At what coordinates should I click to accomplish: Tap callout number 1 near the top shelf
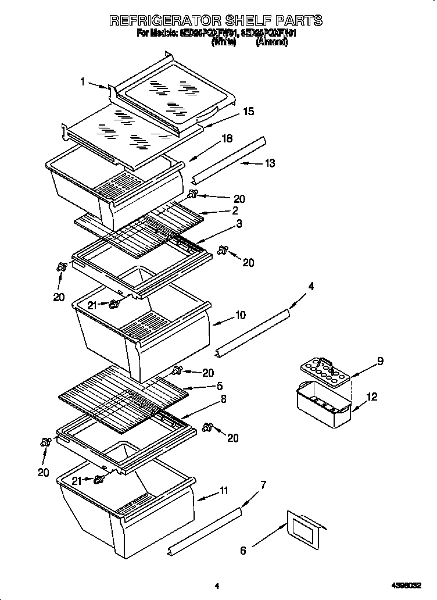coord(83,82)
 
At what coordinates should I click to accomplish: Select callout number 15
coord(248,112)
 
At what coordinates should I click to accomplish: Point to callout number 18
coord(227,138)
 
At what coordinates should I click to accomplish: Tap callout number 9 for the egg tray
coord(380,361)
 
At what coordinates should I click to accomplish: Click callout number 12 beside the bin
coord(372,397)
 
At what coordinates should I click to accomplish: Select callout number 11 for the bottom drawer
coord(223,491)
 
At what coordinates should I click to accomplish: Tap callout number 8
coord(223,399)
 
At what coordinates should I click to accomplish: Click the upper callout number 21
coord(91,304)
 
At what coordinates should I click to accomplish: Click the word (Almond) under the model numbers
coord(271,42)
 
